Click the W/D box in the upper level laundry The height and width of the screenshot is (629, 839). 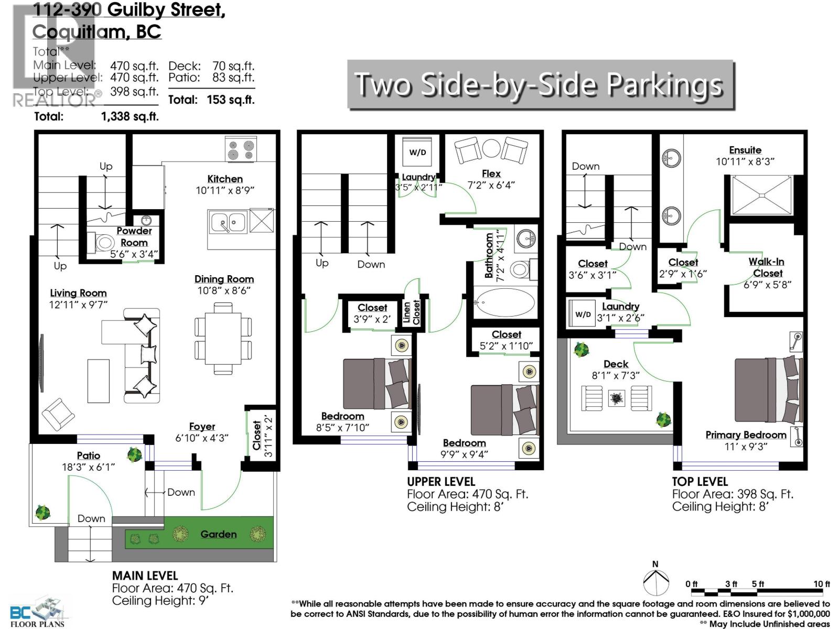click(417, 153)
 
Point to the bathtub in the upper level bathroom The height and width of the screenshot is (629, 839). click(504, 302)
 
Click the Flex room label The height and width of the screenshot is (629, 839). click(491, 173)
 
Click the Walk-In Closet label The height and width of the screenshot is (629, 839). click(767, 267)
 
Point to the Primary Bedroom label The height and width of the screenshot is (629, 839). click(746, 435)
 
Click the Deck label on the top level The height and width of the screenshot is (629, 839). click(616, 364)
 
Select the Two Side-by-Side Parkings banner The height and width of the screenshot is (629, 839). click(540, 84)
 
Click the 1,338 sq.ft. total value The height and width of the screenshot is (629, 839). click(130, 116)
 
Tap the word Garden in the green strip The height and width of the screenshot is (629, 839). click(218, 534)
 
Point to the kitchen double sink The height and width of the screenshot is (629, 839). click(228, 223)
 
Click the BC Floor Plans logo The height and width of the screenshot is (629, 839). click(37, 612)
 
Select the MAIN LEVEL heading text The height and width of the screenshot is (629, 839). click(145, 576)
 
